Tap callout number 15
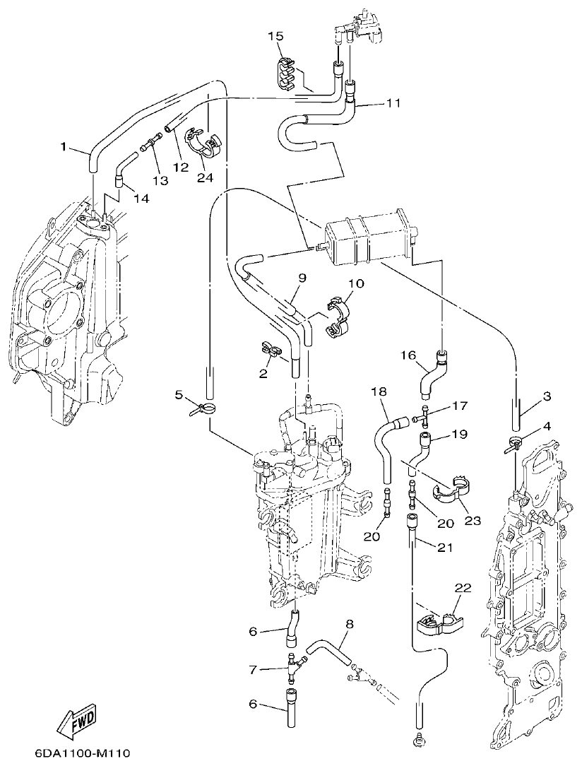275,36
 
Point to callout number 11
393,102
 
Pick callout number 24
205,177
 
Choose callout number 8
349,623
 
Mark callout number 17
461,406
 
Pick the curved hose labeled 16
432,374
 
